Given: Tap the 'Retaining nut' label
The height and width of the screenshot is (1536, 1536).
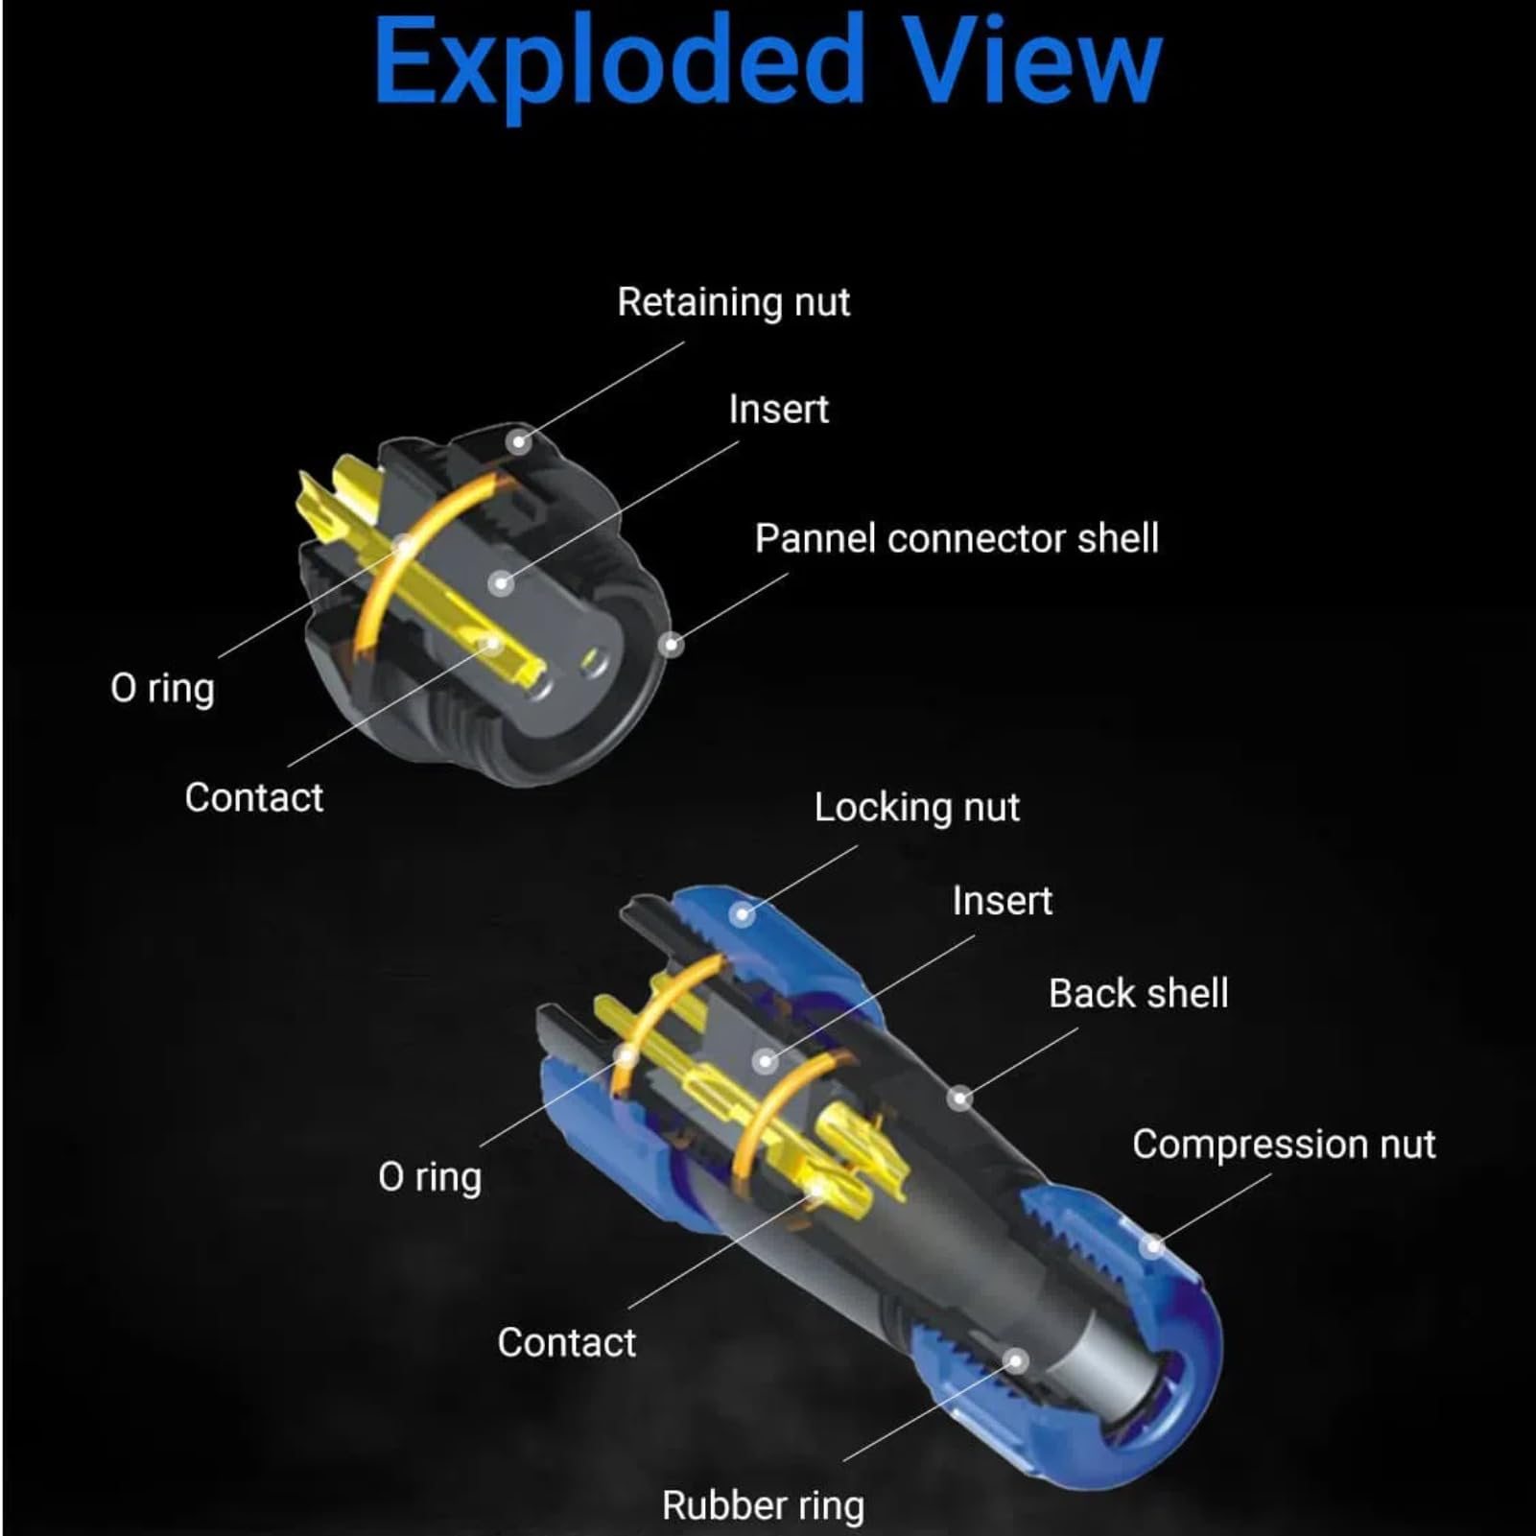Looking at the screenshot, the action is point(734,302).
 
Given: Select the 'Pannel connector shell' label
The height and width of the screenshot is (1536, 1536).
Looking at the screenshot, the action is point(957,538).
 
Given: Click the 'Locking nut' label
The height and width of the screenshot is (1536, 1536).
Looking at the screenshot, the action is point(917,808).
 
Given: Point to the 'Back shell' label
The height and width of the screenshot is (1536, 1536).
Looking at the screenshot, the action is point(1139,994).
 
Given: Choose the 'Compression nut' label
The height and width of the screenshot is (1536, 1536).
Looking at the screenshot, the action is point(1284,1145).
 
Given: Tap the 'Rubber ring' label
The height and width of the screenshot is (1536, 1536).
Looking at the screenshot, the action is point(763,1505).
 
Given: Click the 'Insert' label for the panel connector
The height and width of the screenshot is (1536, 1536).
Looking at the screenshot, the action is point(778,410).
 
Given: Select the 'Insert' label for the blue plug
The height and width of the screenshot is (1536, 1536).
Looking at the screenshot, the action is point(1003,901).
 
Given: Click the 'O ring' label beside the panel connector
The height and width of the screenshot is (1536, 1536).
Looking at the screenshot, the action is point(162,689).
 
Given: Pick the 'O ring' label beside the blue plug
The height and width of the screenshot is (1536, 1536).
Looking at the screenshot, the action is point(430,1177).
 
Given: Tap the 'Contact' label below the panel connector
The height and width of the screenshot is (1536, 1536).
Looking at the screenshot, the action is point(254,797).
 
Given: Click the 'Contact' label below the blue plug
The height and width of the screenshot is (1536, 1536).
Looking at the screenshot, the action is point(567,1342).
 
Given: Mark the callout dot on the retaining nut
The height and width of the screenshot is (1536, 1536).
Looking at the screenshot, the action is point(519,441).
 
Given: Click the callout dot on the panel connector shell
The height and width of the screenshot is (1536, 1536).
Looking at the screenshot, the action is point(672,644).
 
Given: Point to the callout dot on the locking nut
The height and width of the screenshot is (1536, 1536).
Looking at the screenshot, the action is point(742,914).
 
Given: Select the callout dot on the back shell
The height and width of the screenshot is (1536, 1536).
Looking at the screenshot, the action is point(959,1099).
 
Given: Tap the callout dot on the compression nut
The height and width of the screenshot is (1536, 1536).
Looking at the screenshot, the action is point(1153,1245).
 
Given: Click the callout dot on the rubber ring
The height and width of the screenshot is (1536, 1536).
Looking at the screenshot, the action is point(1016,1360).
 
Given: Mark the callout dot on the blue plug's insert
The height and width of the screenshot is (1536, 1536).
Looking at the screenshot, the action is point(765,1061).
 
